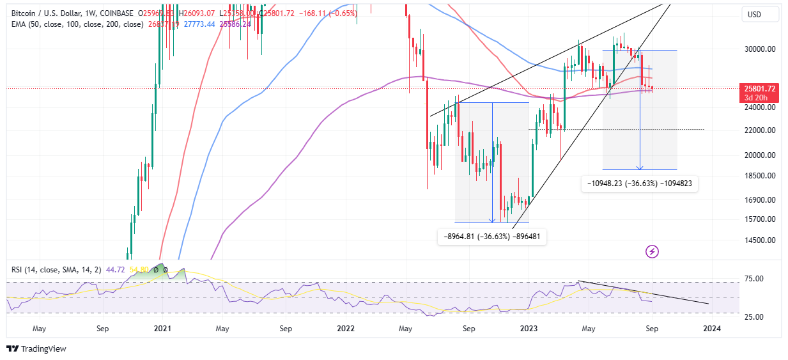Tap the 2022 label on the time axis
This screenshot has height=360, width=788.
[x=346, y=329]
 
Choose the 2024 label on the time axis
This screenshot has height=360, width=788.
[x=712, y=329]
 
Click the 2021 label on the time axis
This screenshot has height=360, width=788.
[x=162, y=329]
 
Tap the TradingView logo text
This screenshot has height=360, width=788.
[x=43, y=349]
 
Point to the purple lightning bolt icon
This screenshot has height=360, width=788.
[x=652, y=251]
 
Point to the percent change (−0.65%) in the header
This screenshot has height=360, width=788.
[x=344, y=12]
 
